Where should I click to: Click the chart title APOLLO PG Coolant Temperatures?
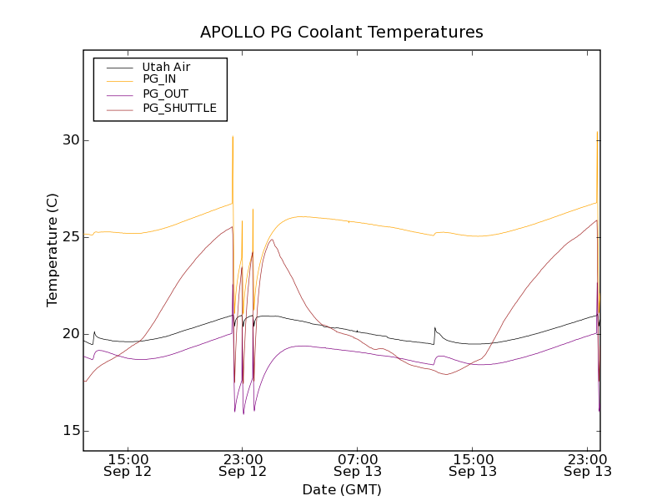(342, 33)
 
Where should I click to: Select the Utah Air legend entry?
(166, 66)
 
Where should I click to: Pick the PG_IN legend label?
(159, 79)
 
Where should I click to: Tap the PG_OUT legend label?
(165, 94)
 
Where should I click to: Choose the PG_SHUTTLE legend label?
(179, 108)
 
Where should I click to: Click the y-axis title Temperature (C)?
(53, 250)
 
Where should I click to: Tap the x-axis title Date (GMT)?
(342, 489)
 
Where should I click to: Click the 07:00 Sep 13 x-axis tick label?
(358, 465)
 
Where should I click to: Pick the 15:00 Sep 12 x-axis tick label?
(128, 465)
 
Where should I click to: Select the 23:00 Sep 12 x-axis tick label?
(243, 465)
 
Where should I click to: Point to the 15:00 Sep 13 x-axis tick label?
(473, 465)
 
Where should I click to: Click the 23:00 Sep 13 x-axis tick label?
(587, 465)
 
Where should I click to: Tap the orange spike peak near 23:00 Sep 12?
(233, 136)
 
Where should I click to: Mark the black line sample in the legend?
(114, 66)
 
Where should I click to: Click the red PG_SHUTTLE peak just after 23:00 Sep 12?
(273, 240)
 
